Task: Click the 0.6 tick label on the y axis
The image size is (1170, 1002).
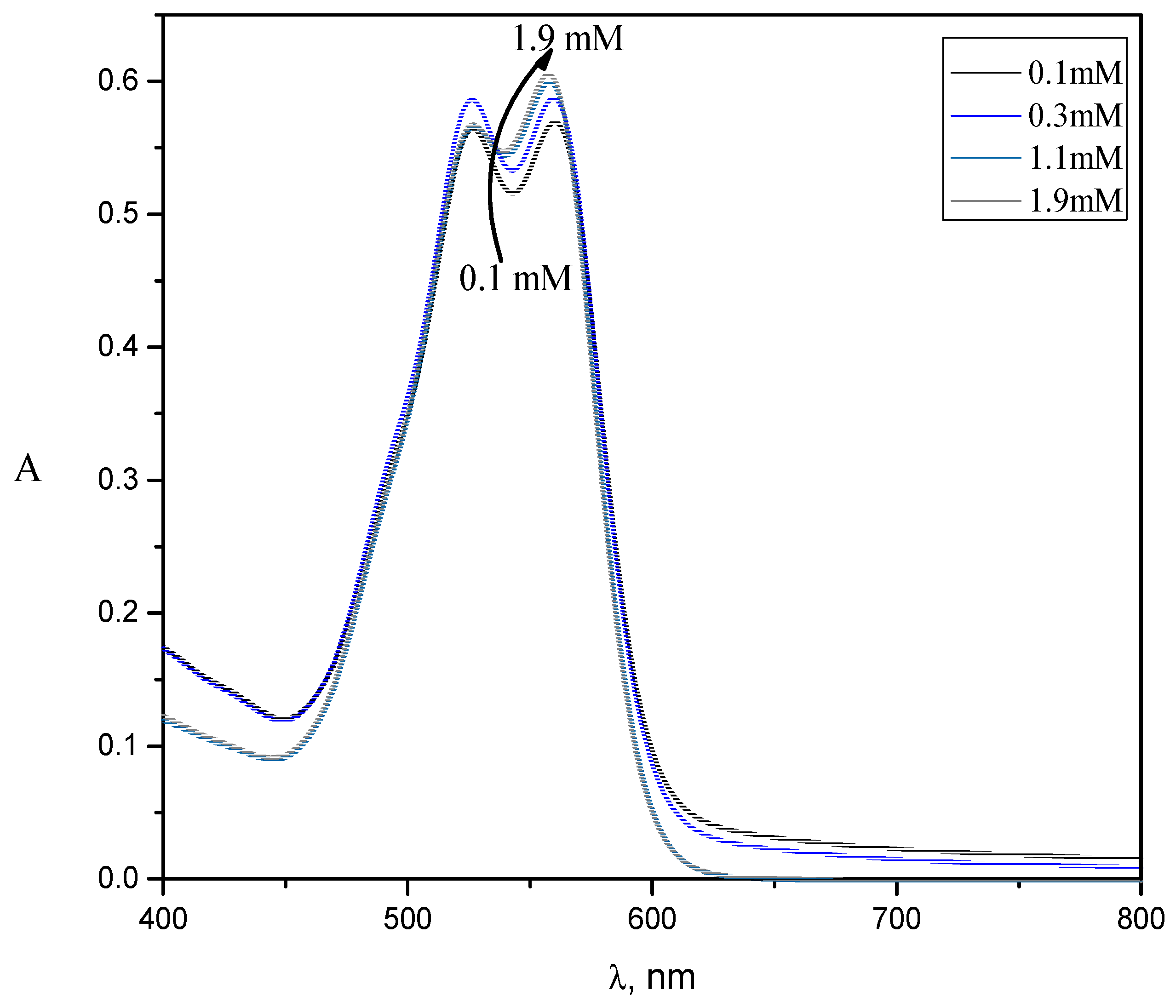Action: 118,81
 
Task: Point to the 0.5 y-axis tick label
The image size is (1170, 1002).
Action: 118,214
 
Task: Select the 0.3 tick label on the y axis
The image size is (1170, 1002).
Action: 118,480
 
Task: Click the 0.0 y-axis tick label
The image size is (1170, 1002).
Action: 118,879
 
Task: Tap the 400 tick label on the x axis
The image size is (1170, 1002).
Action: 163,920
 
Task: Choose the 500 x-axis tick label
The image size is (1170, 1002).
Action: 407,920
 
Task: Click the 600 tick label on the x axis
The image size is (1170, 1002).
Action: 652,920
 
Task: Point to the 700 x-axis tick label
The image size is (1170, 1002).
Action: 897,920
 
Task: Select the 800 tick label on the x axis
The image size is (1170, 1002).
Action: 1141,920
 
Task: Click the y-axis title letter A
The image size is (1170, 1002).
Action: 28,469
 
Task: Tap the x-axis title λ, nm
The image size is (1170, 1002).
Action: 652,978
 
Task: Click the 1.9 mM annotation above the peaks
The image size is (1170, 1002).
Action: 568,38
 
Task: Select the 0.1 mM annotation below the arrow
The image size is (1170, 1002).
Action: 516,278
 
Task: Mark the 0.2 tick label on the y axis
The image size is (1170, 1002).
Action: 118,613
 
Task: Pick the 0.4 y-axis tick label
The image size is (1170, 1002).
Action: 118,347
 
